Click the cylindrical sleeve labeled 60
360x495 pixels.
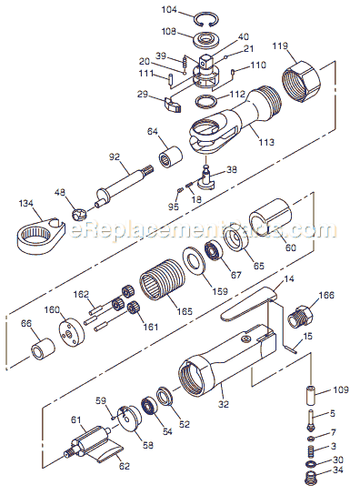click(271, 220)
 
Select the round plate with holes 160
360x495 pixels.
click(69, 332)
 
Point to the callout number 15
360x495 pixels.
click(307, 337)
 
